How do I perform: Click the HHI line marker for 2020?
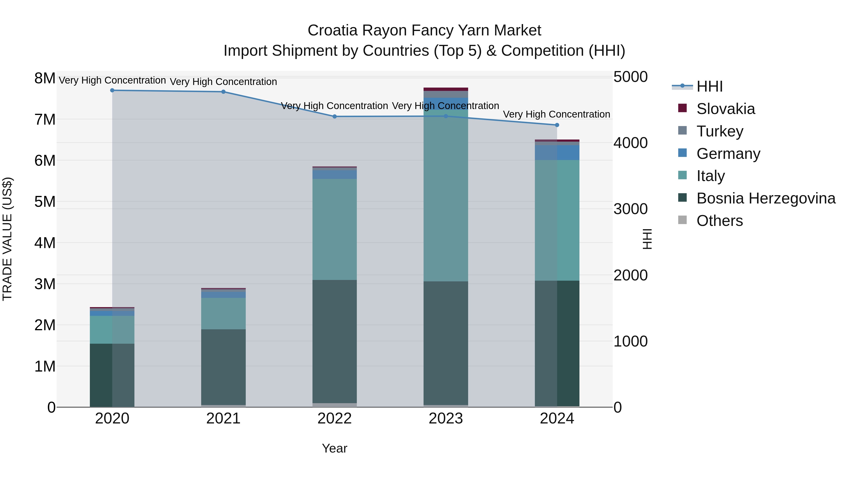[112, 90]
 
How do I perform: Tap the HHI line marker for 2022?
[334, 116]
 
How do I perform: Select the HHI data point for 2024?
[557, 125]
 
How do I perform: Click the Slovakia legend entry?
[725, 109]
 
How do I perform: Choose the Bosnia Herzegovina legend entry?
[766, 198]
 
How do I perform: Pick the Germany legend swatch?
[682, 153]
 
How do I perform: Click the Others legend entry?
[720, 221]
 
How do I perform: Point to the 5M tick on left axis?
[45, 202]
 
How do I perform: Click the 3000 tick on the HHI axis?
[630, 209]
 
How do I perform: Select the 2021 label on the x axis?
[223, 419]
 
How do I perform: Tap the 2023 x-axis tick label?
[445, 419]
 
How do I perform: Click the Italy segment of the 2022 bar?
[334, 229]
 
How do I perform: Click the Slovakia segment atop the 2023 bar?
[445, 89]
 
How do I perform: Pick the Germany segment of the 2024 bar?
[557, 152]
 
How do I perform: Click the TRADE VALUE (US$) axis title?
[7, 239]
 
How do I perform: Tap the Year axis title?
[334, 448]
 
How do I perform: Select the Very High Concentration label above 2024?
[556, 114]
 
